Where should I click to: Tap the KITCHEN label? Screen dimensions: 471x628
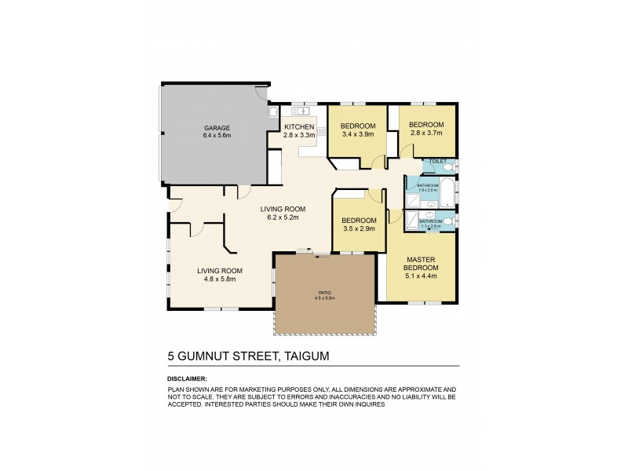coord(299,127)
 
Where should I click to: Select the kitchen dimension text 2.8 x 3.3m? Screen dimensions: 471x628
coord(299,135)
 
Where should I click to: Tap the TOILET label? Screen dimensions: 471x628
coord(438,162)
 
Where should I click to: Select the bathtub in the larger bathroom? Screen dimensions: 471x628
coord(448,191)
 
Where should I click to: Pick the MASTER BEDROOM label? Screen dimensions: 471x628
coord(422,264)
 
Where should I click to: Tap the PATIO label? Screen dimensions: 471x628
coord(324,293)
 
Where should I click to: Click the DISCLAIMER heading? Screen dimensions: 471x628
coord(188,378)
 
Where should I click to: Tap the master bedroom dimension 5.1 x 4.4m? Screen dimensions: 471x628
coord(422,276)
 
